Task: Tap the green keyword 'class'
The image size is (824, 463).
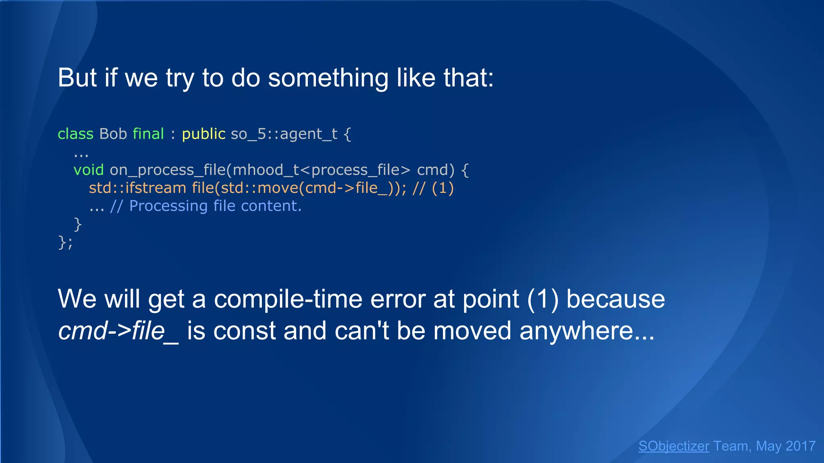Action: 75,134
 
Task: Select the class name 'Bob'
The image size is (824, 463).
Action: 113,134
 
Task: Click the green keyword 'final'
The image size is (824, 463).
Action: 148,134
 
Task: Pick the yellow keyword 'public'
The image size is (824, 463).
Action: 204,134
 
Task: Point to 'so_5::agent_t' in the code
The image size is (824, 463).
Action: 284,134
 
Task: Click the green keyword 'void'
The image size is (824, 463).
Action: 89,170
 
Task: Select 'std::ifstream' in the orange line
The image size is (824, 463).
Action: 137,188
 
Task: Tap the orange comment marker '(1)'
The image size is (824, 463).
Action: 443,188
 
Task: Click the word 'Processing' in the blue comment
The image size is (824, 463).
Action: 168,206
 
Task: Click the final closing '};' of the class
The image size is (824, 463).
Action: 65,242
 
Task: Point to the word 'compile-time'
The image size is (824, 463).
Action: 288,299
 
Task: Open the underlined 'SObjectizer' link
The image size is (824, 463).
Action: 674,446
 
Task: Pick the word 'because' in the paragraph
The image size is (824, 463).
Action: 615,299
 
